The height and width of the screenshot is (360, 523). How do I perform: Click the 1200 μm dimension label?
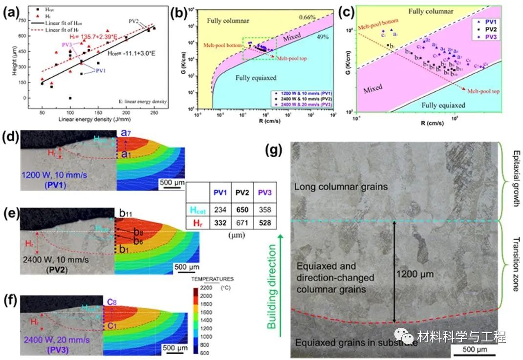point(415,274)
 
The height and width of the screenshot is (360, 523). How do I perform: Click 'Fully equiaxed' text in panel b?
point(256,78)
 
